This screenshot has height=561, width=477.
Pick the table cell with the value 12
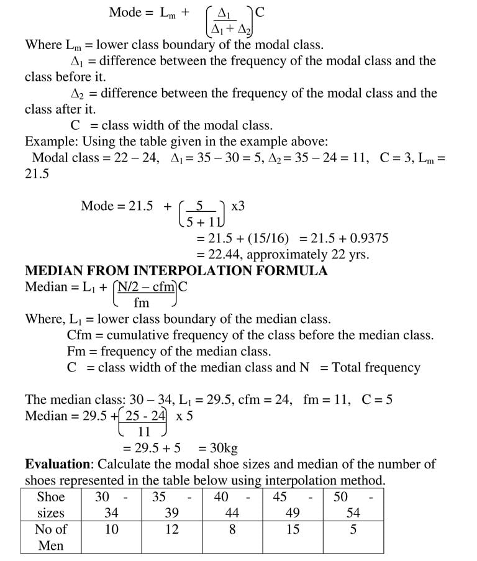click(x=172, y=529)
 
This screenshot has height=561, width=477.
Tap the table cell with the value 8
click(x=232, y=529)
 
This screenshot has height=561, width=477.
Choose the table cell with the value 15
click(x=293, y=529)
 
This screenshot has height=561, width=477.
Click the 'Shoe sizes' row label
click(x=51, y=504)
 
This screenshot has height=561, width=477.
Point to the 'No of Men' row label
click(x=51, y=537)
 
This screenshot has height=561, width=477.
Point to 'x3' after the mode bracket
click(x=238, y=206)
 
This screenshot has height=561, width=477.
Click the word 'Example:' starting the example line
click(x=52, y=141)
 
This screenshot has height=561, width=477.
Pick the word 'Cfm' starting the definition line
click(x=78, y=335)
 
